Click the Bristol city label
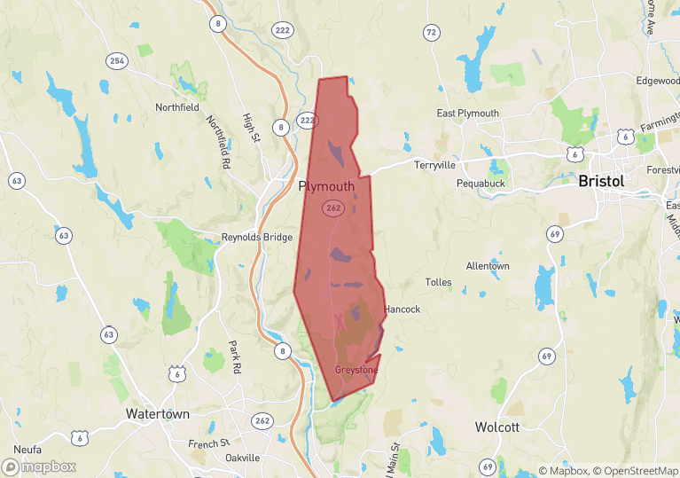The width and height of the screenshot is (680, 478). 601,181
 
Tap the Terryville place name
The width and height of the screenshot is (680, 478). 434,165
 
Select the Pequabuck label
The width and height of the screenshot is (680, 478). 480,183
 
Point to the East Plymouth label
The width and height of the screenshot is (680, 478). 468,114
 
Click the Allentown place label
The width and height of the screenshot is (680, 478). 488,266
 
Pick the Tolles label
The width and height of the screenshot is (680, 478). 438,283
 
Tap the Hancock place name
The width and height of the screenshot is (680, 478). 403,310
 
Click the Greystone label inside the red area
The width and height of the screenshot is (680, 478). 356,370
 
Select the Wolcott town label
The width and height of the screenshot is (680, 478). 496,427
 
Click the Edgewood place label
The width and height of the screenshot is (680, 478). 657,81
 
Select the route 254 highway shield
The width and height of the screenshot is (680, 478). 117,61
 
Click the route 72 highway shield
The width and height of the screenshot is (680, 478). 431,33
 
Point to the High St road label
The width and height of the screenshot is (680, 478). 249,128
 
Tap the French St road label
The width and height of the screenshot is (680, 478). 209,443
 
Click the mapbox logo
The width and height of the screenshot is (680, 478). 40,466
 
